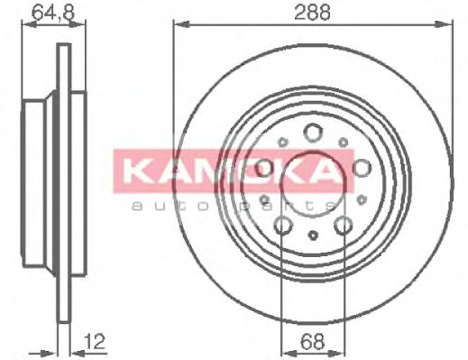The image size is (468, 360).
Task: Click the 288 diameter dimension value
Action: coord(312,12)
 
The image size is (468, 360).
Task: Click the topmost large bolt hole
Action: coord(313,133)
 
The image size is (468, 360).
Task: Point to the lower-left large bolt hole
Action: coord(282,226)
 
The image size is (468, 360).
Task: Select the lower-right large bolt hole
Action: coord(344,226)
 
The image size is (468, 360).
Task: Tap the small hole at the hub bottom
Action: coord(312,236)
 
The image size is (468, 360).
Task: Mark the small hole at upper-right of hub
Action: coord(344,142)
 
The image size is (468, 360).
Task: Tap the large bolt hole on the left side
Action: coord(264,168)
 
